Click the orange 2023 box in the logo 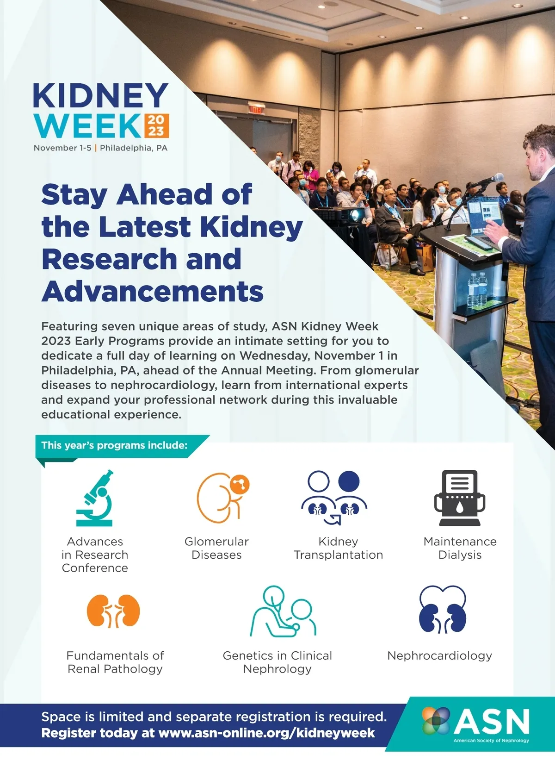click(x=156, y=125)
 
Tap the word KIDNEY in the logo click(x=101, y=95)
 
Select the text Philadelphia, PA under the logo click(x=134, y=148)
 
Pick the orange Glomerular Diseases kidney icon click(x=223, y=498)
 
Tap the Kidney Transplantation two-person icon click(x=334, y=498)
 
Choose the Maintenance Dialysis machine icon click(x=460, y=498)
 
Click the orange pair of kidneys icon click(x=113, y=611)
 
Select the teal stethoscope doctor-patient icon click(x=283, y=611)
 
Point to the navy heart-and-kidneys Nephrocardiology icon click(x=443, y=610)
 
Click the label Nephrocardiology click(x=440, y=656)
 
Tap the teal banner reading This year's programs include click(x=122, y=446)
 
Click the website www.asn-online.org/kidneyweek click(x=267, y=733)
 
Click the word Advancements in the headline click(x=152, y=292)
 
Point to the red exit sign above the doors click(x=257, y=110)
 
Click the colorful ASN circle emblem click(x=436, y=721)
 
